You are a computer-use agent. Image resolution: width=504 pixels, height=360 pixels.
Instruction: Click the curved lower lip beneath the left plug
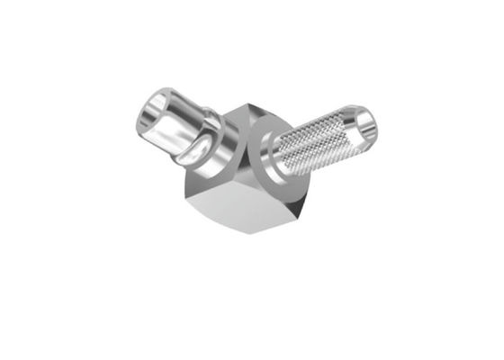click(x=193, y=153)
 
